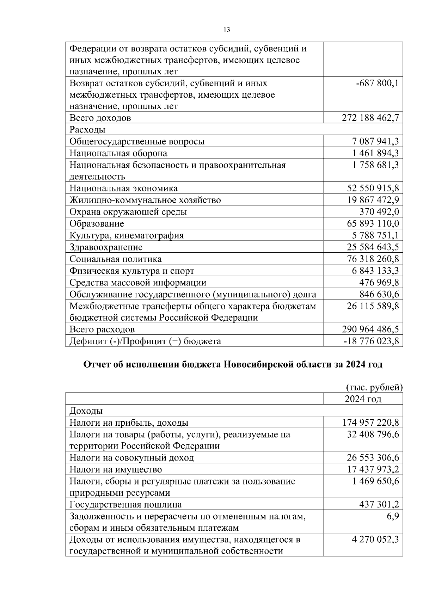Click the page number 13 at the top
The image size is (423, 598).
point(227,30)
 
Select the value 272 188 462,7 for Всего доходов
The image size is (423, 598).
point(370,118)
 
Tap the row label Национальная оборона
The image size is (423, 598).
point(118,153)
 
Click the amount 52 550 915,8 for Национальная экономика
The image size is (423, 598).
point(373,188)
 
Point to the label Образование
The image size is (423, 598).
point(97,224)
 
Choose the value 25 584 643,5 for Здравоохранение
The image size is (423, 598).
point(373,247)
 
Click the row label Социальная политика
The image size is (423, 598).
point(115,259)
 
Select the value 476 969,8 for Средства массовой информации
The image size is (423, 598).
point(379,283)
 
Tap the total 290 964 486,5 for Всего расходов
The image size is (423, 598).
point(370,329)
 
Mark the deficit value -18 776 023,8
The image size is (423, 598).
point(371,341)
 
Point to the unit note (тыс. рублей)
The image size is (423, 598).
point(374,387)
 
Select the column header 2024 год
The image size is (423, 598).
point(363,399)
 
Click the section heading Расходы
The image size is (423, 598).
point(87,130)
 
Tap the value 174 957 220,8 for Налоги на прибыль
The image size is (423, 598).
point(370,423)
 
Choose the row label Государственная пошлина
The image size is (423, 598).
point(125,505)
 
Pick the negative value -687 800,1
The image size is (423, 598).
point(377,84)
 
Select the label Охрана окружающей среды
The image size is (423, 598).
point(128,212)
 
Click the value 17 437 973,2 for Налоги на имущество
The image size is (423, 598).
point(373,469)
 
